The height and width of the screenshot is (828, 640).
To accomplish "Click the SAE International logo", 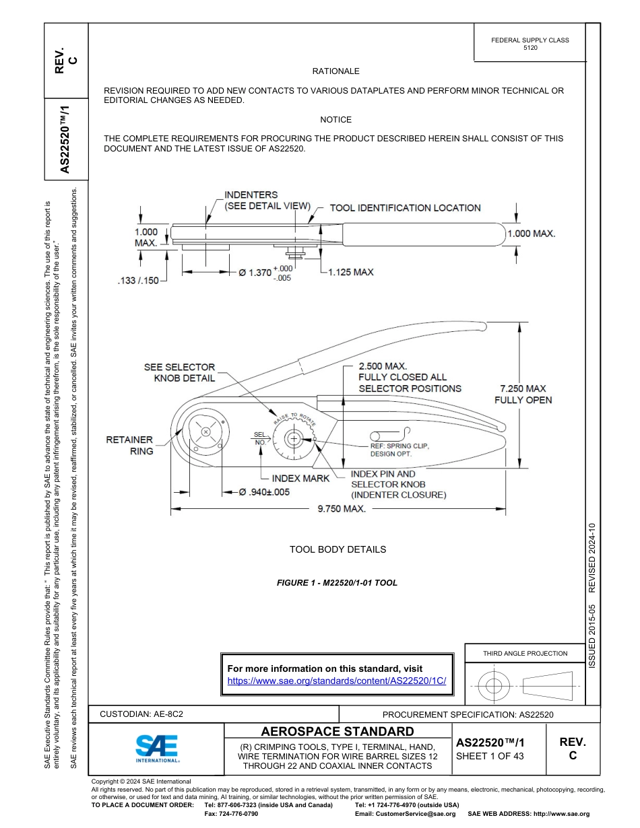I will click(157, 748).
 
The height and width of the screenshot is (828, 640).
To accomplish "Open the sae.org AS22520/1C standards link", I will click(337, 681).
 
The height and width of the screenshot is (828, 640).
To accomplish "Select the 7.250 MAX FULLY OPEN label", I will click(523, 394).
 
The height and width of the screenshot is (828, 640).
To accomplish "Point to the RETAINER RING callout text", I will click(129, 446).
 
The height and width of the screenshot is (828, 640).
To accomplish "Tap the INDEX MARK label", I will click(300, 478).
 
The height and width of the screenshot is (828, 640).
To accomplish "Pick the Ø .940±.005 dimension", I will click(264, 492).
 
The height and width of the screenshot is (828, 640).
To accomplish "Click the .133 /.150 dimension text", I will click(137, 280).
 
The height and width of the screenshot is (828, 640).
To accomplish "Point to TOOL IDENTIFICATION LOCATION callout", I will click(405, 208).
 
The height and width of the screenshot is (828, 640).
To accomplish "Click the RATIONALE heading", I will click(335, 71).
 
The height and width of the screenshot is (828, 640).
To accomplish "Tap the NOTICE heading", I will click(335, 120).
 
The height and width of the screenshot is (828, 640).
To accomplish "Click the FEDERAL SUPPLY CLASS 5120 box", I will click(530, 44).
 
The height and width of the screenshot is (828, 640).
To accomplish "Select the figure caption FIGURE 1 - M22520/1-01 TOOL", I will click(337, 583).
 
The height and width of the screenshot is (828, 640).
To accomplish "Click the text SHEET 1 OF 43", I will click(490, 756).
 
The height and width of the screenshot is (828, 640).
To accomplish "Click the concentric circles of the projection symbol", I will click(494, 687).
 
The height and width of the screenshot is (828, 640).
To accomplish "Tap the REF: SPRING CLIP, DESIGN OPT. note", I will click(399, 450).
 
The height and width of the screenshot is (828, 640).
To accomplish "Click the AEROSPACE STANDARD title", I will click(338, 732).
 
